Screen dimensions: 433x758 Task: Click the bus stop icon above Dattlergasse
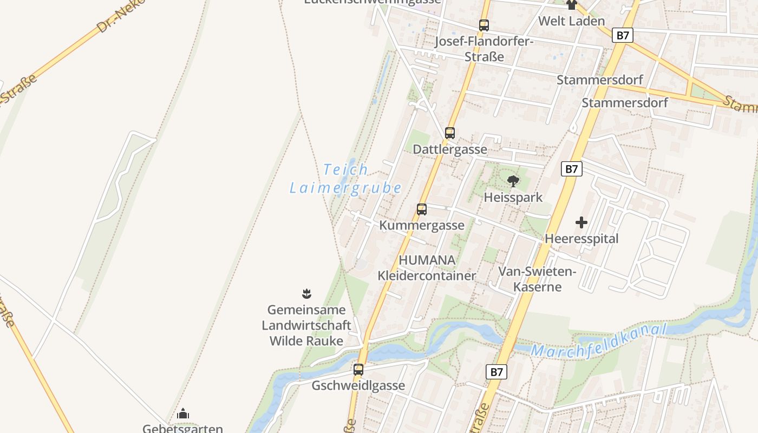coord(449,133)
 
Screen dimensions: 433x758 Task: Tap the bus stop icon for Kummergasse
coord(421,209)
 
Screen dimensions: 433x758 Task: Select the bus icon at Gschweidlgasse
coord(358,370)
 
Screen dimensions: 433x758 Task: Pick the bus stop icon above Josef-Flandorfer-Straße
coord(483,25)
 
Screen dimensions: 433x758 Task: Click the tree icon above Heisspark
coord(513,181)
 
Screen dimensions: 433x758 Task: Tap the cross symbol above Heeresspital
coord(581,222)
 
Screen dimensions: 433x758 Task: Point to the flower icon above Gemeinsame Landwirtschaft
coord(306,294)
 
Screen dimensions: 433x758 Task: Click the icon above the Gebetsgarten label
coord(183,414)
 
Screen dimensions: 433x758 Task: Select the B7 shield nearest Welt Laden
coord(623,36)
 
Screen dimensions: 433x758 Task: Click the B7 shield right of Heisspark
coord(571,169)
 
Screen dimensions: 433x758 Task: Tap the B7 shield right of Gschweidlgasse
coord(496,372)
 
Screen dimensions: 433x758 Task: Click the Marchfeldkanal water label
coord(598,341)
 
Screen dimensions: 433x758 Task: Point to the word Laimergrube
coord(345,188)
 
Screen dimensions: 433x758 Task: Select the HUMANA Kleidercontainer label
coord(427,268)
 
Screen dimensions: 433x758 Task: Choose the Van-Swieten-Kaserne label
coord(537,279)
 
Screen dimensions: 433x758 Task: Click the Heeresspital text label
coord(581,239)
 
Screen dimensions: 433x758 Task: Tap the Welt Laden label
coord(571,21)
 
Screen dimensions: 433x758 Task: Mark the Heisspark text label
coord(513,197)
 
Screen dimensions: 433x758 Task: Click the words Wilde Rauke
coord(306,341)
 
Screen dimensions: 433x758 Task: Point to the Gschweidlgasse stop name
coord(358,385)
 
